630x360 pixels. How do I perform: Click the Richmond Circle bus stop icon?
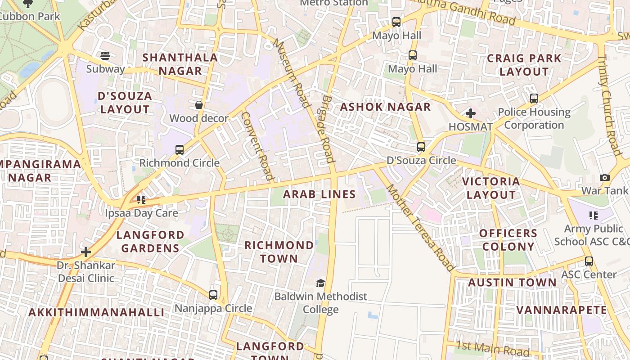point(180,150)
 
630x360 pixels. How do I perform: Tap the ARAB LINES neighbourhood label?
point(319,194)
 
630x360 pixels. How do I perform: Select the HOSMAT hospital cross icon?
point(471,113)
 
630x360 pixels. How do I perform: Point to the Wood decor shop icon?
point(198,105)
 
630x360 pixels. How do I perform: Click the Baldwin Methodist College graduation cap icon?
point(320,283)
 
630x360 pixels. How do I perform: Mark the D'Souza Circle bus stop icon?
point(421,147)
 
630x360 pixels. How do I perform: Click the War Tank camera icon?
point(605,177)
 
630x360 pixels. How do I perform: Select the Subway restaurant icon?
point(105,56)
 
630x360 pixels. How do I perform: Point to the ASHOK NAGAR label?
point(385,107)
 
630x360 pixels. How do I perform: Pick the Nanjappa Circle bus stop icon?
point(213,295)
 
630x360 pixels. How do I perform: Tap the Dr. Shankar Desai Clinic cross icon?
point(86,252)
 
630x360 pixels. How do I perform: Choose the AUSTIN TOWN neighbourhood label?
point(512,283)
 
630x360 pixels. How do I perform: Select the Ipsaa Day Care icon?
point(141,199)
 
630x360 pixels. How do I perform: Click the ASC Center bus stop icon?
point(589,261)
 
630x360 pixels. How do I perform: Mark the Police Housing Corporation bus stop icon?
point(534,98)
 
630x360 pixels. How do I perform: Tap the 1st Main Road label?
point(493,348)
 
